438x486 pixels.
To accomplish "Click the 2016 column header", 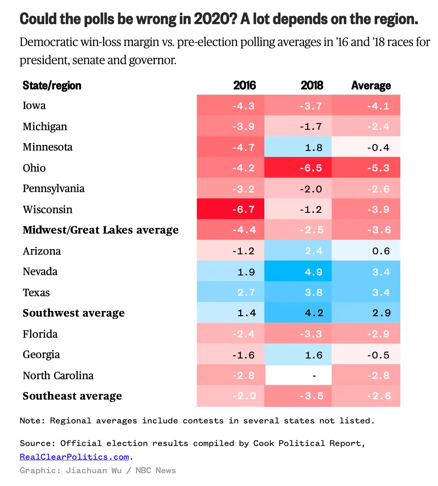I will point(244,86).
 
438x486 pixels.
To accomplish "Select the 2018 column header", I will point(312,86).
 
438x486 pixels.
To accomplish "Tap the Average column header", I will point(371,86).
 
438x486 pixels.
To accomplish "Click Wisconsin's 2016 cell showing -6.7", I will point(231,209).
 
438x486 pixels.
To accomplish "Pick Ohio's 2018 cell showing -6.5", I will point(298,168).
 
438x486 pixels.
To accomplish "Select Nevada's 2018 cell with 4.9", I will point(298,271).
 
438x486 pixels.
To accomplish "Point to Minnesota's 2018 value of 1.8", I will point(298,147).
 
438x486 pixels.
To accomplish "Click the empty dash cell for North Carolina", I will point(298,375).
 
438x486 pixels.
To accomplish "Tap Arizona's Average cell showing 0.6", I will point(366,251).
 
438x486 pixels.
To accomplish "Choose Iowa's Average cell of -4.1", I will point(366,106).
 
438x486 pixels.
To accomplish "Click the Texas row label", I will point(36,292).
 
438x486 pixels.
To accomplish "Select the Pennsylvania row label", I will point(54,188).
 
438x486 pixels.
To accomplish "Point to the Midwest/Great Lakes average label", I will point(100,230).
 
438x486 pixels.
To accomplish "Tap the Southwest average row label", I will point(74,313).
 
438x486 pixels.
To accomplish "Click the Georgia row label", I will point(41,354).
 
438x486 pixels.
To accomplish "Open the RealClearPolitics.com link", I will point(74,457).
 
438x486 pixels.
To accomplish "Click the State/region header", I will point(52,86).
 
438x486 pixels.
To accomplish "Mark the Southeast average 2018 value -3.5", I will point(298,396).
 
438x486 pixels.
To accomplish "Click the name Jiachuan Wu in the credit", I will point(94,471).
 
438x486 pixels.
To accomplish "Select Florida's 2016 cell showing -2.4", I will point(231,334).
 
